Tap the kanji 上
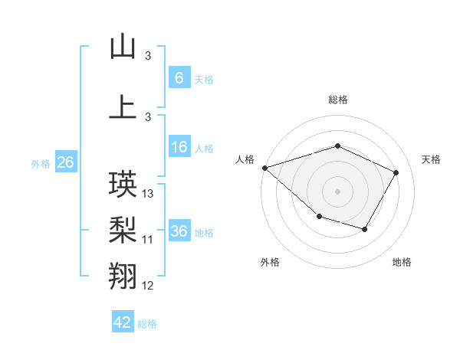point(123,106)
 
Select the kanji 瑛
point(123,185)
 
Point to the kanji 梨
point(123,230)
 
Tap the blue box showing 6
point(179,78)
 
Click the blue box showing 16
point(179,148)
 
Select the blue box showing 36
point(179,231)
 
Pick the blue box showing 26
point(65,162)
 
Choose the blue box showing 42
point(123,322)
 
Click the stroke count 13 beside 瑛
point(149,194)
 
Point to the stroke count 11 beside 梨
point(148,240)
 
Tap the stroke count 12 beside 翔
point(148,286)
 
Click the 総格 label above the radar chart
point(337,100)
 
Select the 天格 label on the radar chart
point(432,159)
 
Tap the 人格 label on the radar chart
point(245,159)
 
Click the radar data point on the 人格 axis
point(264,167)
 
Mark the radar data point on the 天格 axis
point(396,172)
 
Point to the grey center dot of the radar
point(337,191)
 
